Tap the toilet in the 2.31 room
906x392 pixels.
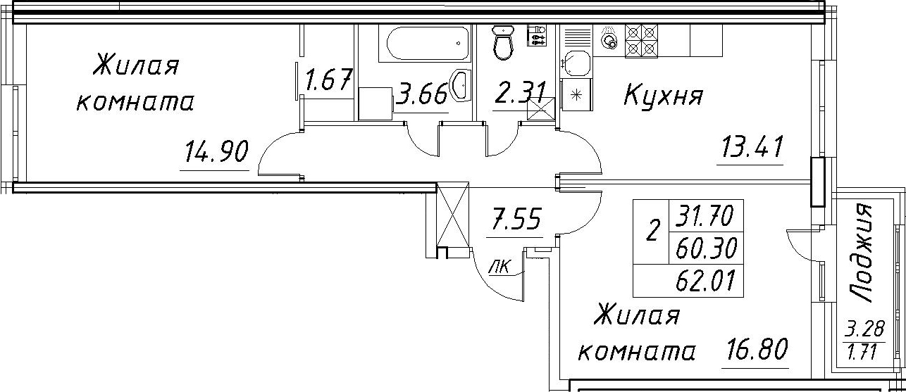[503, 42]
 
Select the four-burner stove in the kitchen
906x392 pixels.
[642, 40]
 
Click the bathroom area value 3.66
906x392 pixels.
[421, 94]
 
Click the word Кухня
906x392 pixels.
[663, 96]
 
